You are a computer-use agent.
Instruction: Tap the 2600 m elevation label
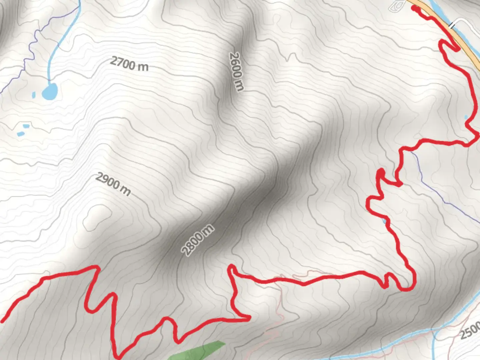click(x=236, y=71)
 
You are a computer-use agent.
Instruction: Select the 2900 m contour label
click(x=113, y=184)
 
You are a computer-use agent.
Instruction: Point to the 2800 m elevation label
click(x=198, y=240)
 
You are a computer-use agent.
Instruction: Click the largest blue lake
click(x=50, y=91)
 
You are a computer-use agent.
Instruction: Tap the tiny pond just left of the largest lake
click(x=33, y=95)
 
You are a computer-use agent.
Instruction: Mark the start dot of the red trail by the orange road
click(x=414, y=8)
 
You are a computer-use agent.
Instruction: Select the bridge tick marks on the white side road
click(x=452, y=25)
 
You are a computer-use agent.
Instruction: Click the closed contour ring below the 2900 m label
click(x=97, y=217)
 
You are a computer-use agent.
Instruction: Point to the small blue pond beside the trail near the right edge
click(x=466, y=117)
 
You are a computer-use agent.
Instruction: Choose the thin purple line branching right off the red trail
click(x=443, y=193)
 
